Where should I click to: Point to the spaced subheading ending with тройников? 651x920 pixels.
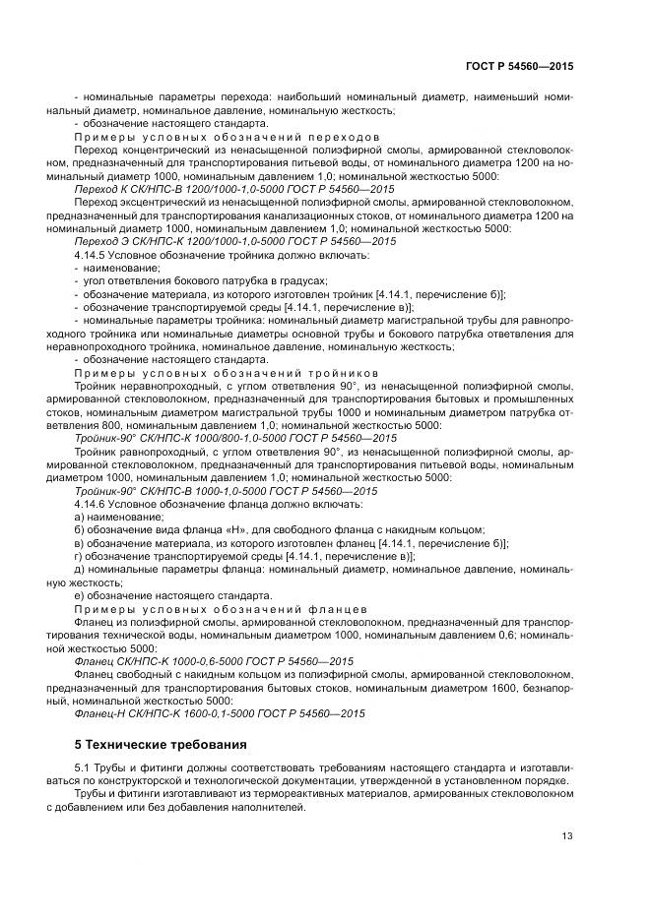225,374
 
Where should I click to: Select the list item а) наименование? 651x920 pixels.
119,517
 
